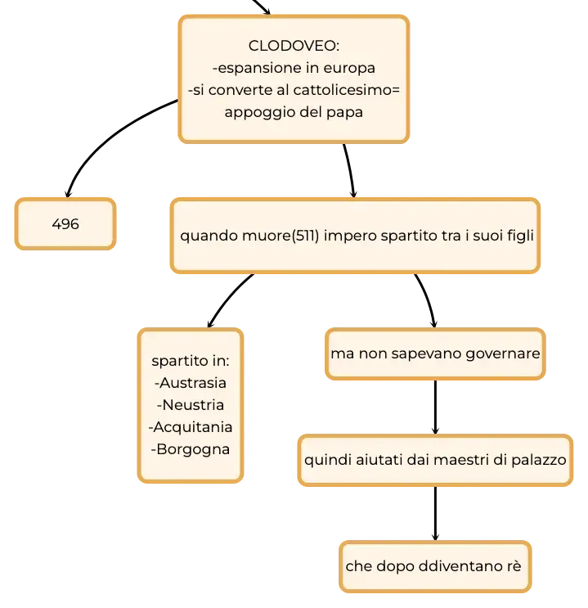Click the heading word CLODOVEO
[293, 46]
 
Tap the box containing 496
[65, 223]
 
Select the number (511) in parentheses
[305, 236]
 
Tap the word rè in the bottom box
[514, 565]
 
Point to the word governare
[502, 354]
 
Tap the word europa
[349, 68]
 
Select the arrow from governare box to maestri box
[435, 408]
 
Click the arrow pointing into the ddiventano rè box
[435, 513]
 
